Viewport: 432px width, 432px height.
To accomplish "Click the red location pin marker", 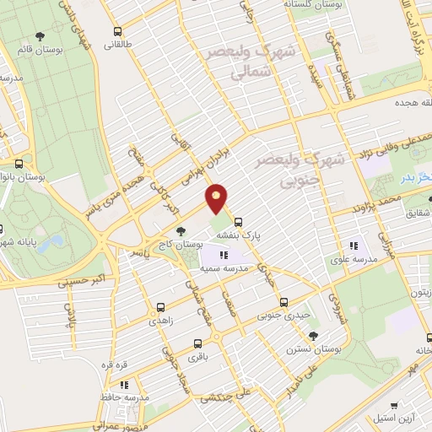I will (217, 200).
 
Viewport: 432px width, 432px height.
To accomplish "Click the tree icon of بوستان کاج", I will (179, 230).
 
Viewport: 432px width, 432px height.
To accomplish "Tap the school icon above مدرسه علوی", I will (353, 246).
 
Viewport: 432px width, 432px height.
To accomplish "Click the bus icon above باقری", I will (197, 343).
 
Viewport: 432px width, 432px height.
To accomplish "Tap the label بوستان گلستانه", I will (313, 5).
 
